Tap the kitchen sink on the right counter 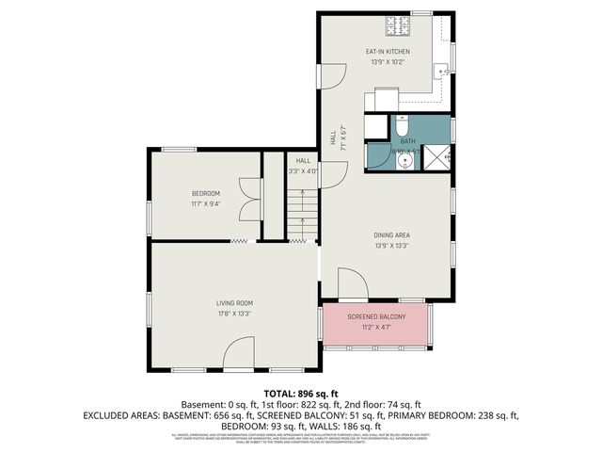[x=439, y=70]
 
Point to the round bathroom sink [x=404, y=161]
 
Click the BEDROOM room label [x=205, y=194]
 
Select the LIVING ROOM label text [x=234, y=302]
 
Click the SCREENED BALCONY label [x=376, y=316]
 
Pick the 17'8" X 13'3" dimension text [x=234, y=314]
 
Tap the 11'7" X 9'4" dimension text [x=205, y=204]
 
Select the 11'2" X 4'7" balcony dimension [x=376, y=327]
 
